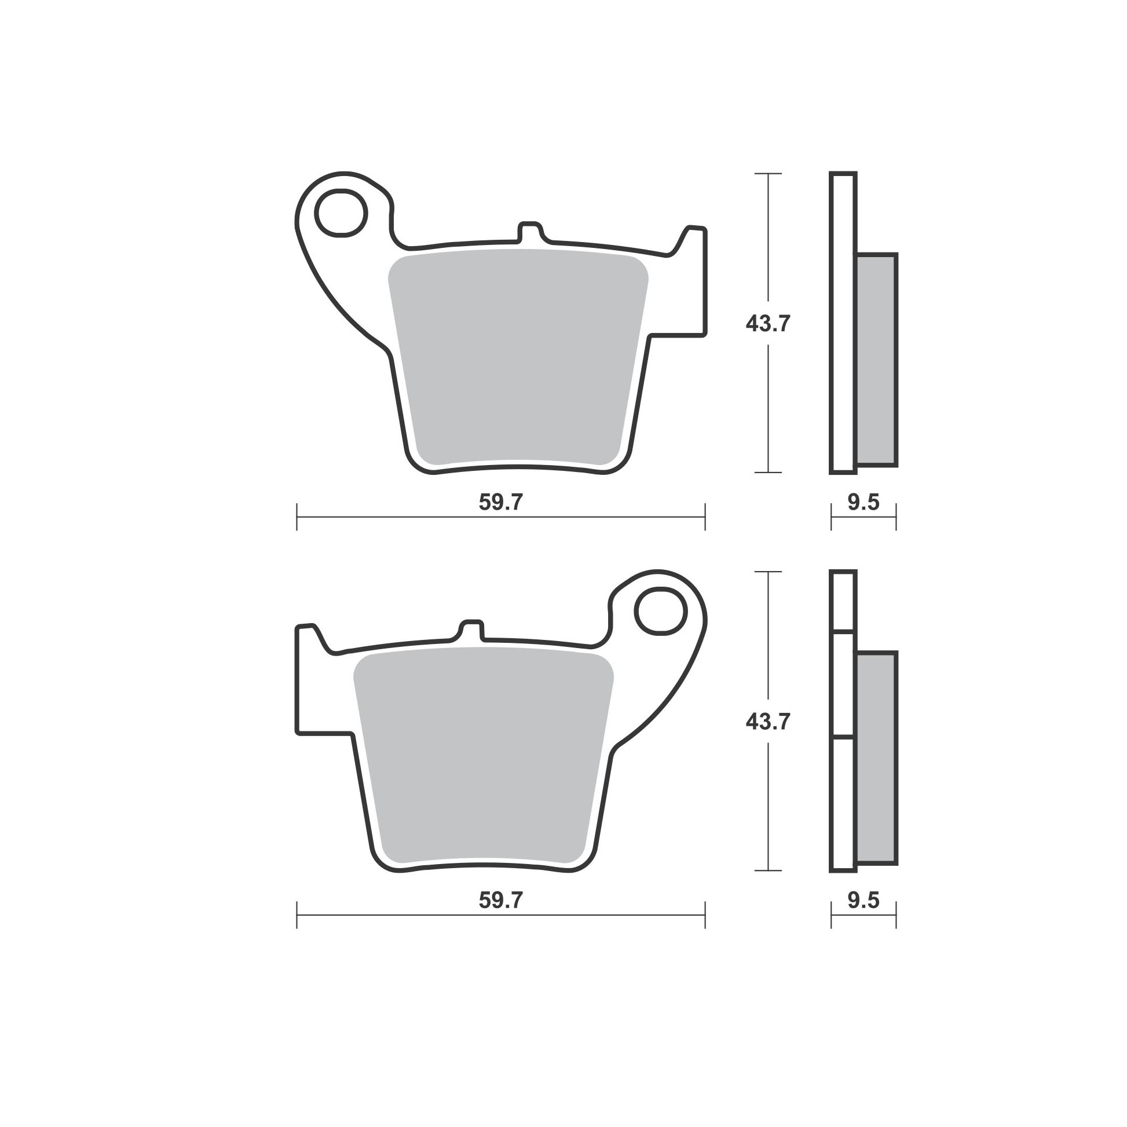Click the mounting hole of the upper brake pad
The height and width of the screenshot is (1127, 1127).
[x=341, y=213]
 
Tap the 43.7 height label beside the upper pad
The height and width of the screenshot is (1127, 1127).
[x=768, y=324]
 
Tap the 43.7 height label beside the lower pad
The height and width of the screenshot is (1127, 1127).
[x=768, y=722]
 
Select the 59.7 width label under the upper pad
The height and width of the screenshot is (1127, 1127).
[x=501, y=502]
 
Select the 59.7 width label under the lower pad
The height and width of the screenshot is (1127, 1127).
[x=501, y=901]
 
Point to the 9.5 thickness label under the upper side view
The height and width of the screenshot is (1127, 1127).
[x=863, y=502]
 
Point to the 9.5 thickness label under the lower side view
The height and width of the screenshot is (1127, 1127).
[x=863, y=901]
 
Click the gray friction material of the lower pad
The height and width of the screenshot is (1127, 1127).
[x=484, y=755]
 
